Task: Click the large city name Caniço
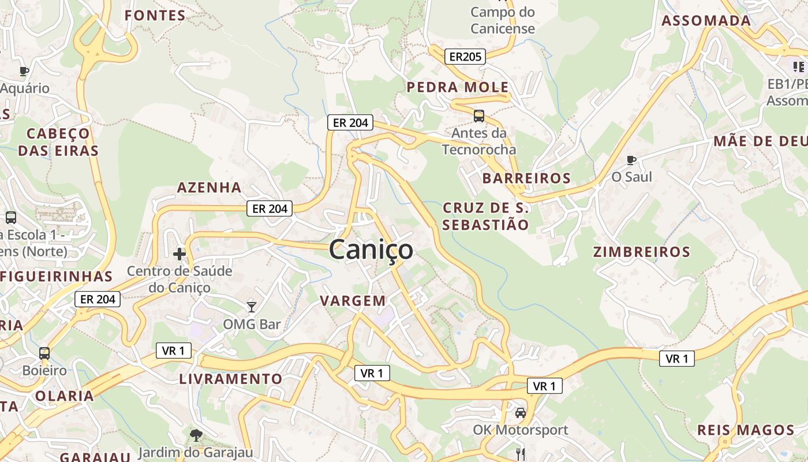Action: [371, 250]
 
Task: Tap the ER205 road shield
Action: [465, 57]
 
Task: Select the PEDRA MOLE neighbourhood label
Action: [458, 88]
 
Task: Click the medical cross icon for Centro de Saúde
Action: [179, 254]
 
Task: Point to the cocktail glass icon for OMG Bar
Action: [251, 307]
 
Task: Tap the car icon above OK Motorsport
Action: [521, 413]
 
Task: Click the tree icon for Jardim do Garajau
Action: [196, 434]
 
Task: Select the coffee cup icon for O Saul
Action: [631, 160]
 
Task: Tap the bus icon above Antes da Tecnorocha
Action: [479, 116]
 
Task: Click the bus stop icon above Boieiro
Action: [44, 353]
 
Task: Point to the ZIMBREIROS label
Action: [642, 252]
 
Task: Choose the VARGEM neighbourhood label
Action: [353, 301]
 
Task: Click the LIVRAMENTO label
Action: [231, 379]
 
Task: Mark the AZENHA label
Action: [209, 188]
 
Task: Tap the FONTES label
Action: [155, 16]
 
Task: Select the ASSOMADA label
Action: [706, 21]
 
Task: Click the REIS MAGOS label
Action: [746, 430]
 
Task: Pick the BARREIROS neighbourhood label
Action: [526, 178]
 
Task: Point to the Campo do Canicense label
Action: [503, 20]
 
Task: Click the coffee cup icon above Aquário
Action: [24, 71]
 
